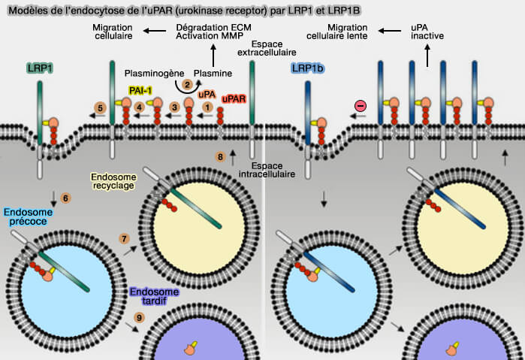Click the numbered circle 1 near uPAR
point(207,107)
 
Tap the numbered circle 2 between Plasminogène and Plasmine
point(186,84)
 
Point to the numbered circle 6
point(65,198)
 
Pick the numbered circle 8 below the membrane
point(220,157)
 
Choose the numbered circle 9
point(139,319)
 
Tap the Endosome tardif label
point(153,296)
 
